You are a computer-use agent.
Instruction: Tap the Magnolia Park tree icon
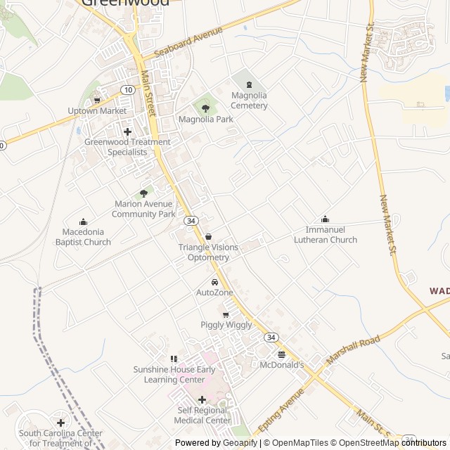pyautogui.click(x=205, y=108)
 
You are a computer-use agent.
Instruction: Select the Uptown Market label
pyautogui.click(x=97, y=111)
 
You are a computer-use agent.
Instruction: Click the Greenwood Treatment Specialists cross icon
pyautogui.click(x=127, y=131)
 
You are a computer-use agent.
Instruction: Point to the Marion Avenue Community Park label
pyautogui.click(x=143, y=209)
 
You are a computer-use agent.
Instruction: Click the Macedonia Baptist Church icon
pyautogui.click(x=83, y=222)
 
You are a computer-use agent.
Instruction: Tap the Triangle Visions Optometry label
pyautogui.click(x=208, y=252)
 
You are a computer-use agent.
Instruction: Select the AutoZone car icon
pyautogui.click(x=214, y=282)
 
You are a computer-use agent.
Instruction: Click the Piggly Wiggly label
pyautogui.click(x=226, y=325)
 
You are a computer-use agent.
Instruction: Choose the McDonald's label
pyautogui.click(x=281, y=365)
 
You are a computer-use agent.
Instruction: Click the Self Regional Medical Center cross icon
pyautogui.click(x=202, y=399)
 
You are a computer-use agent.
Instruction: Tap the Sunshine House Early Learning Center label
pyautogui.click(x=174, y=374)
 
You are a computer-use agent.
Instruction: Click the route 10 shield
pyautogui.click(x=127, y=89)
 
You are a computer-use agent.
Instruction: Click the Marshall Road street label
pyautogui.click(x=353, y=349)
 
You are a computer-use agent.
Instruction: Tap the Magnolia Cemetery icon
pyautogui.click(x=249, y=84)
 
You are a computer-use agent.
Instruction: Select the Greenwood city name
pyautogui.click(x=125, y=3)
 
